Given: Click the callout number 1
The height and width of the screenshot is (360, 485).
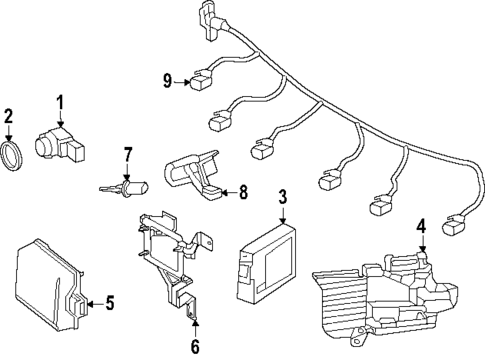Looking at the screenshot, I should point(59,102).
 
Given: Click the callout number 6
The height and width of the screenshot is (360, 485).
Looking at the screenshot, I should point(195,346).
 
